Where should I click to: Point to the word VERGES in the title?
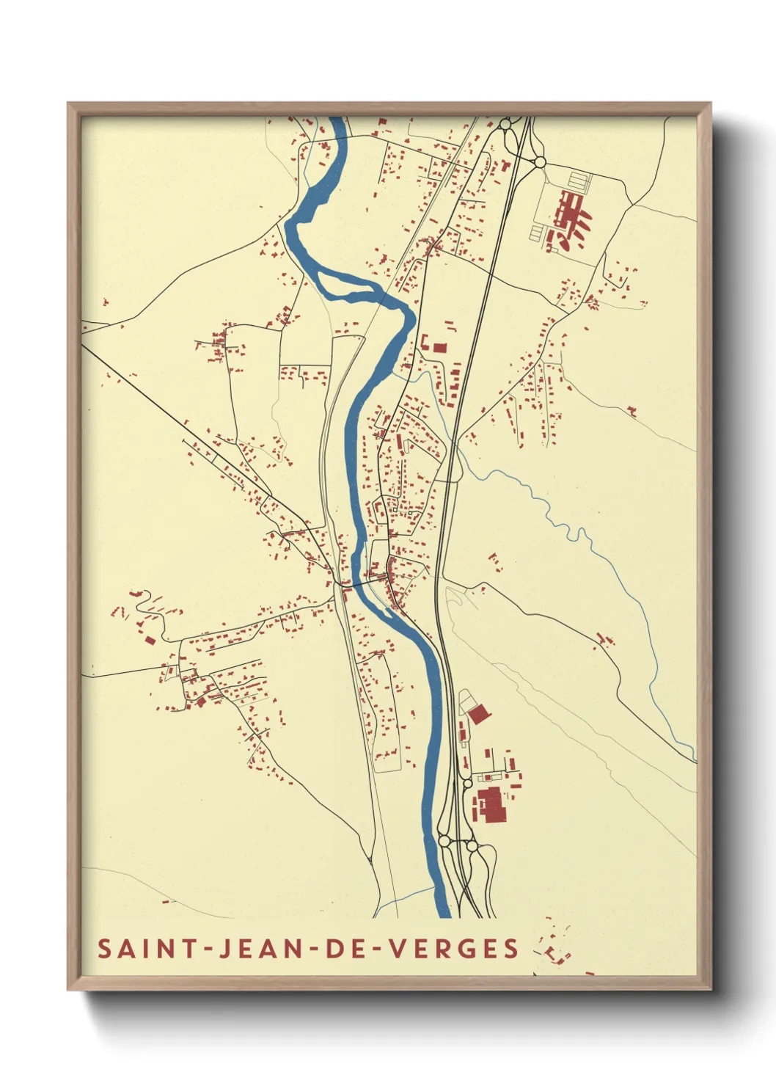453,948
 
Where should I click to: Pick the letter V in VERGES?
396,948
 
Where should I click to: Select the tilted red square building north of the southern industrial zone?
479,714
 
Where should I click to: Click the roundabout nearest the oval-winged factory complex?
540,161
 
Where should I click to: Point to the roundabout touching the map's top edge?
505,123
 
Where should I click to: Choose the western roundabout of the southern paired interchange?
444,841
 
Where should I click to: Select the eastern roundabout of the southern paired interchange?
472,845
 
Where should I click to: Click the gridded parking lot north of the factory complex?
579,180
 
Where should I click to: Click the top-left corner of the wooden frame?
68,103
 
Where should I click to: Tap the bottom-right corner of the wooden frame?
710,989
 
